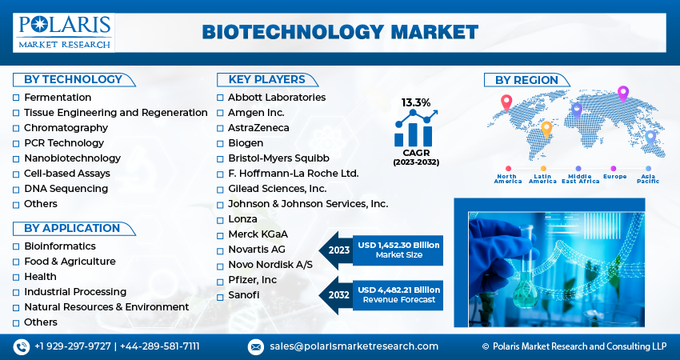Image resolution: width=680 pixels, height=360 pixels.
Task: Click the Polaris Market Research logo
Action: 64,31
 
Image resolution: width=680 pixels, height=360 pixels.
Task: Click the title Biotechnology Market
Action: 340,32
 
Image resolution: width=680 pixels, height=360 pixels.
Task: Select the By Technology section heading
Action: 73,79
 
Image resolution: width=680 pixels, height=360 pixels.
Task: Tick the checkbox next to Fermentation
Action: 16,98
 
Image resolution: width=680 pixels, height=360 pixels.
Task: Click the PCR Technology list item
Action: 64,143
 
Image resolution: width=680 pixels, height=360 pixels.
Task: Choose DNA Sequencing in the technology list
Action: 66,189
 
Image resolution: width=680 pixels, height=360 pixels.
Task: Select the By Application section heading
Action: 72,228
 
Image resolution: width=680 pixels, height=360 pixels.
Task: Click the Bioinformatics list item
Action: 60,246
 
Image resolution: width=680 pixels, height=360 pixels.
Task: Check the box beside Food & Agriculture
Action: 16,262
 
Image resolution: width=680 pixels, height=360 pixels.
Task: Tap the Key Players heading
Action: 266,79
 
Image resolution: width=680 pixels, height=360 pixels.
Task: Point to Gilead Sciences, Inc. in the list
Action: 277,189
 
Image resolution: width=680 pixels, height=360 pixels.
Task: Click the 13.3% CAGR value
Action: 416,102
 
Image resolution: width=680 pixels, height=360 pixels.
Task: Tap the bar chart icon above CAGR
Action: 415,128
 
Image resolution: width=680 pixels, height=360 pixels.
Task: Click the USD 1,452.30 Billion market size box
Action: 398,250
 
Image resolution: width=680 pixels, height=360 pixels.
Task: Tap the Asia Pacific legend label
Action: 648,178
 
